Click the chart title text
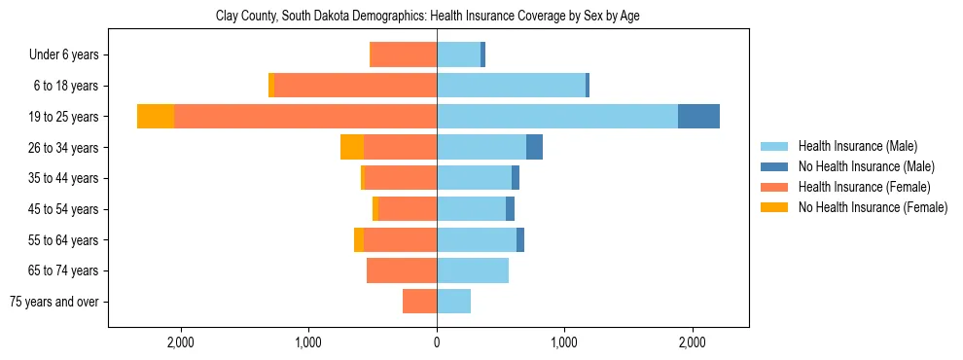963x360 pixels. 427,17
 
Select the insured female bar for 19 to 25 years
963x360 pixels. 305,117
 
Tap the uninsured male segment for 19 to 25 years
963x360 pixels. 698,117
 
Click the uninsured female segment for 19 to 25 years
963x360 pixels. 156,117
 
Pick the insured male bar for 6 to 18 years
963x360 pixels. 511,86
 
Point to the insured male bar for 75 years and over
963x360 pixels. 453,302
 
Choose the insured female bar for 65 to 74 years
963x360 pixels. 402,270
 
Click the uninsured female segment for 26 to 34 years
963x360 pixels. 352,147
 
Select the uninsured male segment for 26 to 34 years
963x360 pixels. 534,147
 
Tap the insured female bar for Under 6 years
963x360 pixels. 403,54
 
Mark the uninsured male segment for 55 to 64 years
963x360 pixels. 520,239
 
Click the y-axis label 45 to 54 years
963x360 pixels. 64,209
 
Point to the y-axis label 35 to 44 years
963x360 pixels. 64,178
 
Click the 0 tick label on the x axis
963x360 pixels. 437,342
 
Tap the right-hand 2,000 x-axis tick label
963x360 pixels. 692,342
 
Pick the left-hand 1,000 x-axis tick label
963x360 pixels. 308,342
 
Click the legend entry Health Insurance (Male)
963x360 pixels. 857,146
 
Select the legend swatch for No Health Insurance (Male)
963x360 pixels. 775,166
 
